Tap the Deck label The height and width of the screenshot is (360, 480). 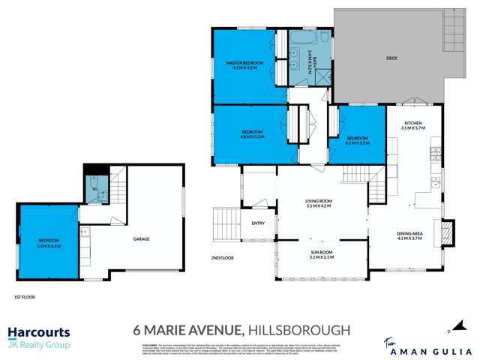coord(391,58)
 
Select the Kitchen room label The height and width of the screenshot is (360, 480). coord(413,123)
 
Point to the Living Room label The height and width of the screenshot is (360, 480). coord(318,202)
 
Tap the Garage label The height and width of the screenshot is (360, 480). coord(142,239)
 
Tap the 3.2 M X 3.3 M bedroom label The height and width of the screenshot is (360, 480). coord(357,140)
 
